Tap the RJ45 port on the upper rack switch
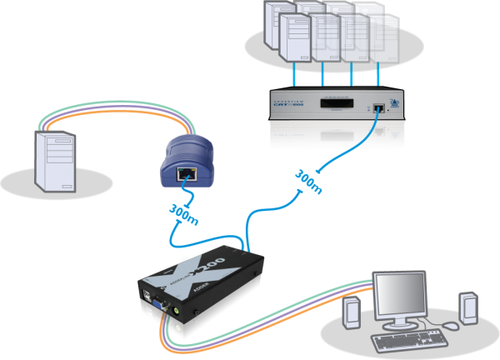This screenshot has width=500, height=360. [379, 107]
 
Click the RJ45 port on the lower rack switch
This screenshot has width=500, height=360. [379, 132]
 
